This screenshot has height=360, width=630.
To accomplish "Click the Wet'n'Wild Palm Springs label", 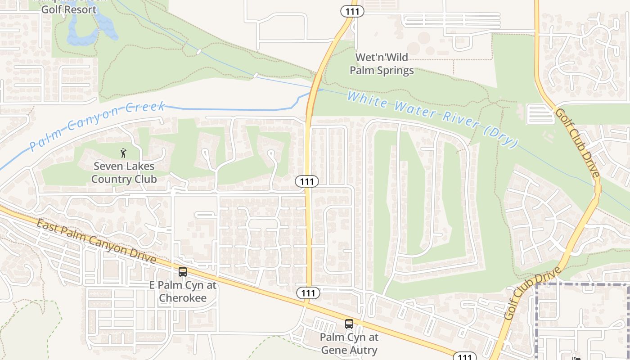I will coord(382,64).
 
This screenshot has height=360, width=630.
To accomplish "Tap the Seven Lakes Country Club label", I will coord(124,173).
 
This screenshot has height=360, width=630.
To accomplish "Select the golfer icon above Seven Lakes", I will coord(123,153).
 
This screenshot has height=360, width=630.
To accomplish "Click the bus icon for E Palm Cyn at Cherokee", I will coord(182,272).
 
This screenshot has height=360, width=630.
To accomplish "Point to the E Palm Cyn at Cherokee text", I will coord(183,292).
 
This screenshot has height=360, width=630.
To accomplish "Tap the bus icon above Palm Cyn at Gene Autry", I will coord(349,324).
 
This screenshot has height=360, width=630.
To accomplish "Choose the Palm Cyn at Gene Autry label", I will coord(349,343).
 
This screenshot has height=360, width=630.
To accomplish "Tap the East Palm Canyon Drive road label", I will coord(96,242).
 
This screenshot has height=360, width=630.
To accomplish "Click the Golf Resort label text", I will coord(69,9).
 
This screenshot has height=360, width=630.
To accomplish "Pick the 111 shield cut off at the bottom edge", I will coord(464,356).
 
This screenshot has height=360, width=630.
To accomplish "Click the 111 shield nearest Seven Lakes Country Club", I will coord(307,181).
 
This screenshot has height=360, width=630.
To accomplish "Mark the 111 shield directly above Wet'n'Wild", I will coord(352,11).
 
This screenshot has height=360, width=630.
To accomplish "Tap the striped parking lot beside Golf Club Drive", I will coord(540,114).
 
